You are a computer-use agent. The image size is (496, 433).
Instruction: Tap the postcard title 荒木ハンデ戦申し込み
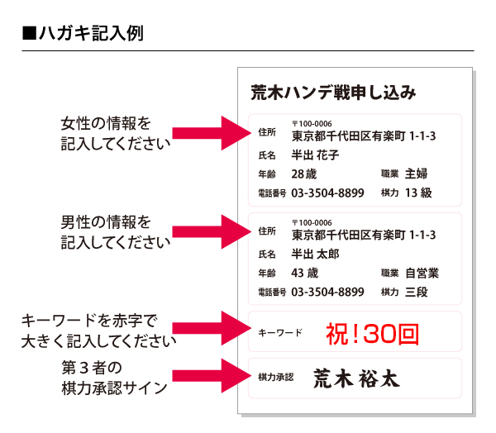pos(333,93)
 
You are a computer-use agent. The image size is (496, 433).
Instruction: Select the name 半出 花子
pos(315,155)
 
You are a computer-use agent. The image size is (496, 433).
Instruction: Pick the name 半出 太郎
pos(315,254)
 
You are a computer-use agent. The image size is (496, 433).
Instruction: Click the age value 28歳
pos(304,174)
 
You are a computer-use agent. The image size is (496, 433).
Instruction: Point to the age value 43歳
pos(304,273)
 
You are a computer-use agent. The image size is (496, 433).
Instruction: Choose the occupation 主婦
pos(417,174)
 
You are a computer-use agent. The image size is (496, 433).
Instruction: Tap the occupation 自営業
pos(422,273)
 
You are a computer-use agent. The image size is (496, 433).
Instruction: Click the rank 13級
pos(418,193)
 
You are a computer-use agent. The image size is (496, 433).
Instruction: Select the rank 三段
pos(417,292)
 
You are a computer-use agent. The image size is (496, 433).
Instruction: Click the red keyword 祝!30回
pos(372,334)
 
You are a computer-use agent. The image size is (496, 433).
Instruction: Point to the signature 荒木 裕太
pos(356,378)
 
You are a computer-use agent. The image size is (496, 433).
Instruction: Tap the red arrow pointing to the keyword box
pos(212,328)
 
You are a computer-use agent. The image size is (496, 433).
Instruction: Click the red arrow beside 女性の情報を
pos(212,133)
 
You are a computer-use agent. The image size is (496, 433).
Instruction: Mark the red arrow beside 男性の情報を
pos(212,232)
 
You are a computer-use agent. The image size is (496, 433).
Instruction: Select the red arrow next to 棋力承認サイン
pos(212,376)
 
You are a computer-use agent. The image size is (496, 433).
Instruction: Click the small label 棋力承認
pos(276,377)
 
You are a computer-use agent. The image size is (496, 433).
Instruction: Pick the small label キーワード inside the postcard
pos(280,333)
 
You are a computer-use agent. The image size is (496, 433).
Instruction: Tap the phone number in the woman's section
pos(327,193)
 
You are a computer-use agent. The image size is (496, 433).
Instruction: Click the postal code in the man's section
pos(312,222)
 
